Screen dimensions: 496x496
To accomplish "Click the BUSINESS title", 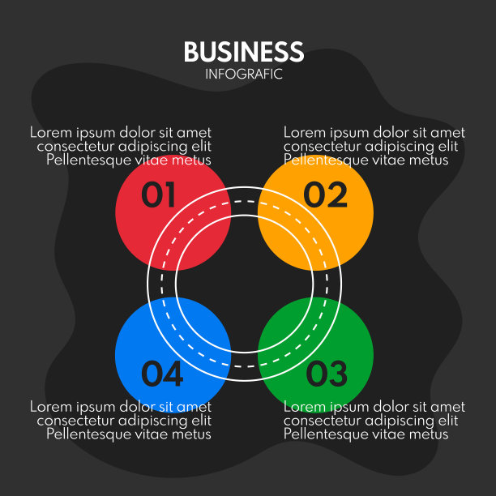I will (x=243, y=53).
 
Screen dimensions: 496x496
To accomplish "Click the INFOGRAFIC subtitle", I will (x=243, y=74).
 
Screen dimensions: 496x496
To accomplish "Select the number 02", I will (x=325, y=195).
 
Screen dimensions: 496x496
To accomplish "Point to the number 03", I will (x=327, y=374).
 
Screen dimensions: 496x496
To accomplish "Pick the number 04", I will (x=162, y=374).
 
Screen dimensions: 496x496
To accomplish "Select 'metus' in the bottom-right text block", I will (x=426, y=434).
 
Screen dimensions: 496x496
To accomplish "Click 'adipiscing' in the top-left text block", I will (x=152, y=147).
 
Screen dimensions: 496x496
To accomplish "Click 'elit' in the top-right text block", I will (x=447, y=147).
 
